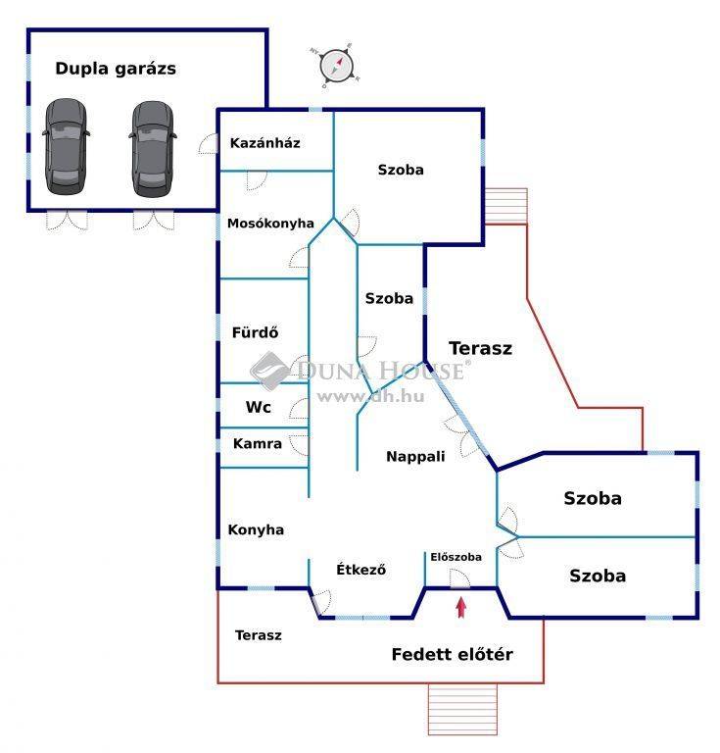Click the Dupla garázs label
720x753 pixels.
point(116,69)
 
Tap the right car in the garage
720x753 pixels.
point(153,145)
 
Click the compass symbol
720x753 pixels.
point(337,65)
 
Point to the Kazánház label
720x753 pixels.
point(264,143)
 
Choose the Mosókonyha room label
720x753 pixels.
point(270,223)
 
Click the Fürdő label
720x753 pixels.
point(255,331)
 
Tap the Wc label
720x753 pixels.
point(258,407)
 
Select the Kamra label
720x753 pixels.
point(257,443)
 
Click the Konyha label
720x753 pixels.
point(256,529)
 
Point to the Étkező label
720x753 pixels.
point(360,570)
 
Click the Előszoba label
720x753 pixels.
point(456,557)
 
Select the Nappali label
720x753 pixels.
point(415,456)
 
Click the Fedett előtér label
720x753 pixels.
point(452,654)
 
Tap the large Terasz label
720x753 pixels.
point(480,347)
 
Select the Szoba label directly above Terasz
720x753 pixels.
point(389,298)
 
